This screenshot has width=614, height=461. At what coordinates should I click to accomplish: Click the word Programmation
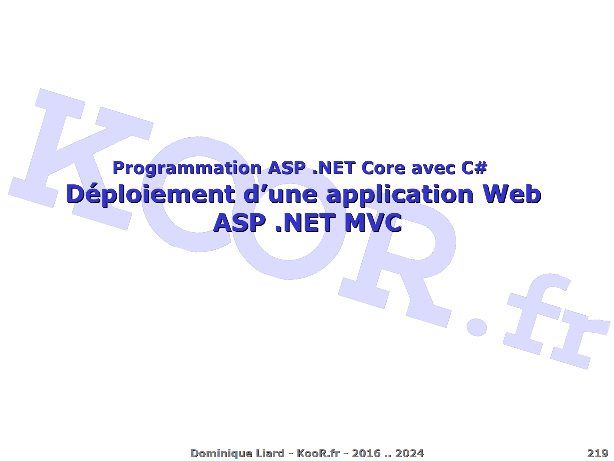[187, 168]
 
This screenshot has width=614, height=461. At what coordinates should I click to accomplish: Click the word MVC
[373, 223]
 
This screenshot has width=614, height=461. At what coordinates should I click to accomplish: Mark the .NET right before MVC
[305, 223]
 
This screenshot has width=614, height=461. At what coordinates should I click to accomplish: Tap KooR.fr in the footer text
[318, 453]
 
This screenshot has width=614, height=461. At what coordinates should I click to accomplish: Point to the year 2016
[366, 453]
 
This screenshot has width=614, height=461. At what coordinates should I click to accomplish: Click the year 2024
[410, 453]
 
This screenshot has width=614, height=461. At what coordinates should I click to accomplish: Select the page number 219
[598, 453]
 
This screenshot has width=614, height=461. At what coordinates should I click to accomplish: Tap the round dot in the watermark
[476, 327]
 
